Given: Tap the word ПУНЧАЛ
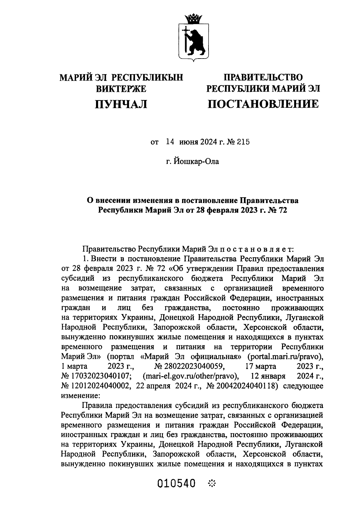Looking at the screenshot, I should click(121, 104).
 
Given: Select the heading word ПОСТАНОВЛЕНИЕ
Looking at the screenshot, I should click(263, 104).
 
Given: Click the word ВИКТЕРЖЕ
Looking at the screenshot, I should click(121, 89).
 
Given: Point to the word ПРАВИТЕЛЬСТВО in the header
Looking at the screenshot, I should click(263, 77).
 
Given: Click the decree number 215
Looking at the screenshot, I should click(243, 142).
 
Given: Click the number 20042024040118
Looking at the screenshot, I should click(244, 386).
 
